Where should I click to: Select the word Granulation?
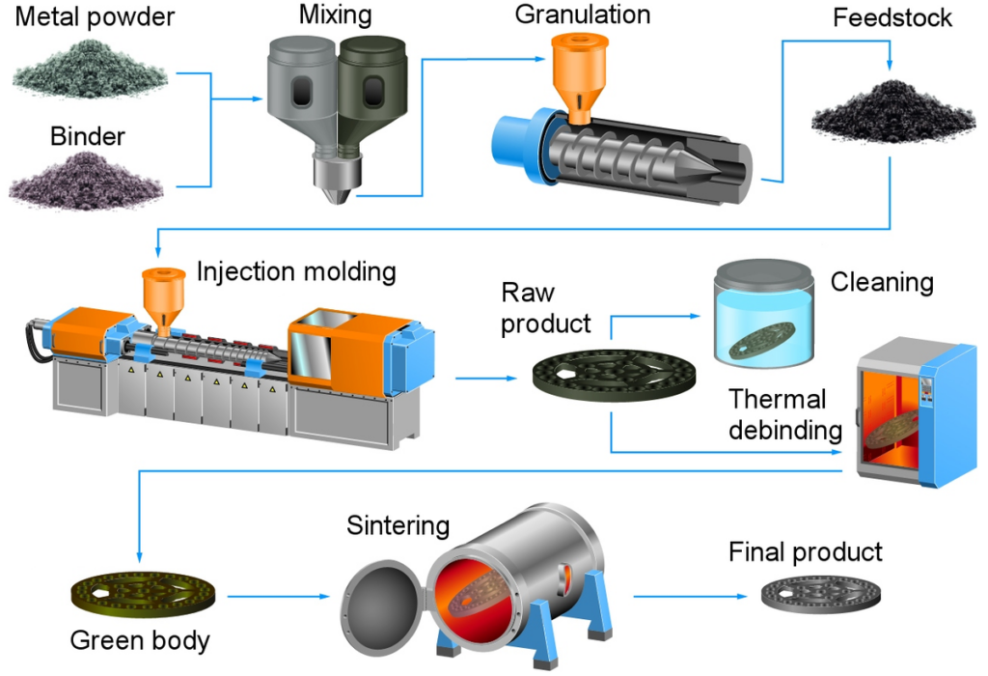tap(583, 14)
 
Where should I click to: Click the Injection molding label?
tap(296, 271)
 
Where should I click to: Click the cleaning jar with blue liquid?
tap(759, 319)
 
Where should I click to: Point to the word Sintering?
tap(398, 526)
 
